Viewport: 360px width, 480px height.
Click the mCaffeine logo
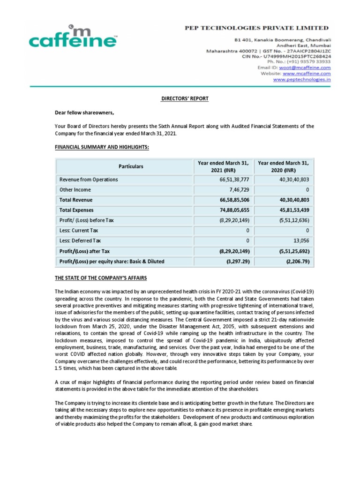tap(72, 37)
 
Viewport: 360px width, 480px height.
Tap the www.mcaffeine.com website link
tap(307, 74)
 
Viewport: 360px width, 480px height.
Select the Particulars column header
tap(124, 166)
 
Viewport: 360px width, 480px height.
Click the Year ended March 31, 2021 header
tap(223, 166)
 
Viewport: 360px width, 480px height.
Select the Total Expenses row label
tap(76, 210)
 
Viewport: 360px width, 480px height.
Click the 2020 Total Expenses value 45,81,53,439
tap(291, 210)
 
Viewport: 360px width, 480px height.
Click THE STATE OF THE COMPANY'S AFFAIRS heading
tap(101, 278)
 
